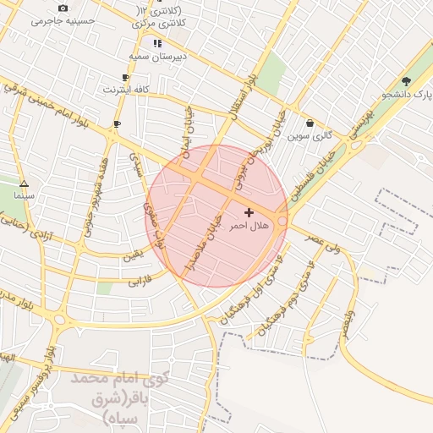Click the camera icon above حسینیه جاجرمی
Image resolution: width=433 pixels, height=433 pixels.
[63, 8]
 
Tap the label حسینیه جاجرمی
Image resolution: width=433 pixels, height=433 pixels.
[63, 20]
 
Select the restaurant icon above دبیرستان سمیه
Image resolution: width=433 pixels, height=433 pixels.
[156, 42]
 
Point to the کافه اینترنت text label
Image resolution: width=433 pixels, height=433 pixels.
[126, 89]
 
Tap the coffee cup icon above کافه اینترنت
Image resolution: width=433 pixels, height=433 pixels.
[126, 77]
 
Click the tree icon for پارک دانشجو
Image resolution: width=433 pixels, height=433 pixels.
[407, 81]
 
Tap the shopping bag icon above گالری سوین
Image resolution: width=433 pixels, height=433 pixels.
[310, 123]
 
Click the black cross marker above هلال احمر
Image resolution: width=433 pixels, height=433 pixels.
[248, 212]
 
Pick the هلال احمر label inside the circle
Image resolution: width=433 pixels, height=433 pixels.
[248, 226]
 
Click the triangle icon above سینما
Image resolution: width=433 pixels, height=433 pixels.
[24, 183]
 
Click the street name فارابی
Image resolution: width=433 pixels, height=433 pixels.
[139, 279]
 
